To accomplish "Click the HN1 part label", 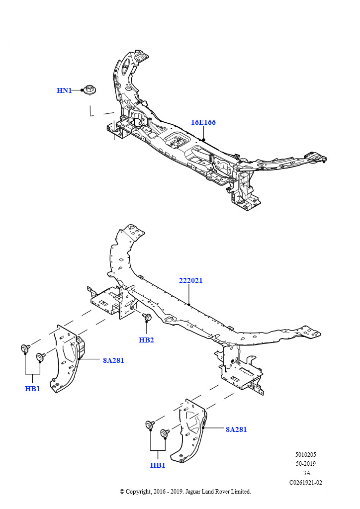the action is pos(64,90).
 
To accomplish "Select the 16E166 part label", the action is pos(203,122).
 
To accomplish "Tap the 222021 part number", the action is pos(191,280).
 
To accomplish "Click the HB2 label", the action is pos(146,340).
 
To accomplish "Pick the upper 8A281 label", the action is pos(113,360).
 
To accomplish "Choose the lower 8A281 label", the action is pos(236,429).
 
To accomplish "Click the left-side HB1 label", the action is pos(32,389).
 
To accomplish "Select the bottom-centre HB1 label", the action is pos(158,465).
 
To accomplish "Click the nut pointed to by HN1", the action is pos(89,90).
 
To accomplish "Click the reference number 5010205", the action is pos(305,455).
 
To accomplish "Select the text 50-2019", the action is pos(305,464).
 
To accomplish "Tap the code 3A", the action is pos(306,473).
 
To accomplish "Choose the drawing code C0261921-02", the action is pos(305,482).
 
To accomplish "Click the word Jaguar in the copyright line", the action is pos(194,492).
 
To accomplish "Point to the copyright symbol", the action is pos(122,492).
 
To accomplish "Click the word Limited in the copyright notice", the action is pos(240,492).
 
